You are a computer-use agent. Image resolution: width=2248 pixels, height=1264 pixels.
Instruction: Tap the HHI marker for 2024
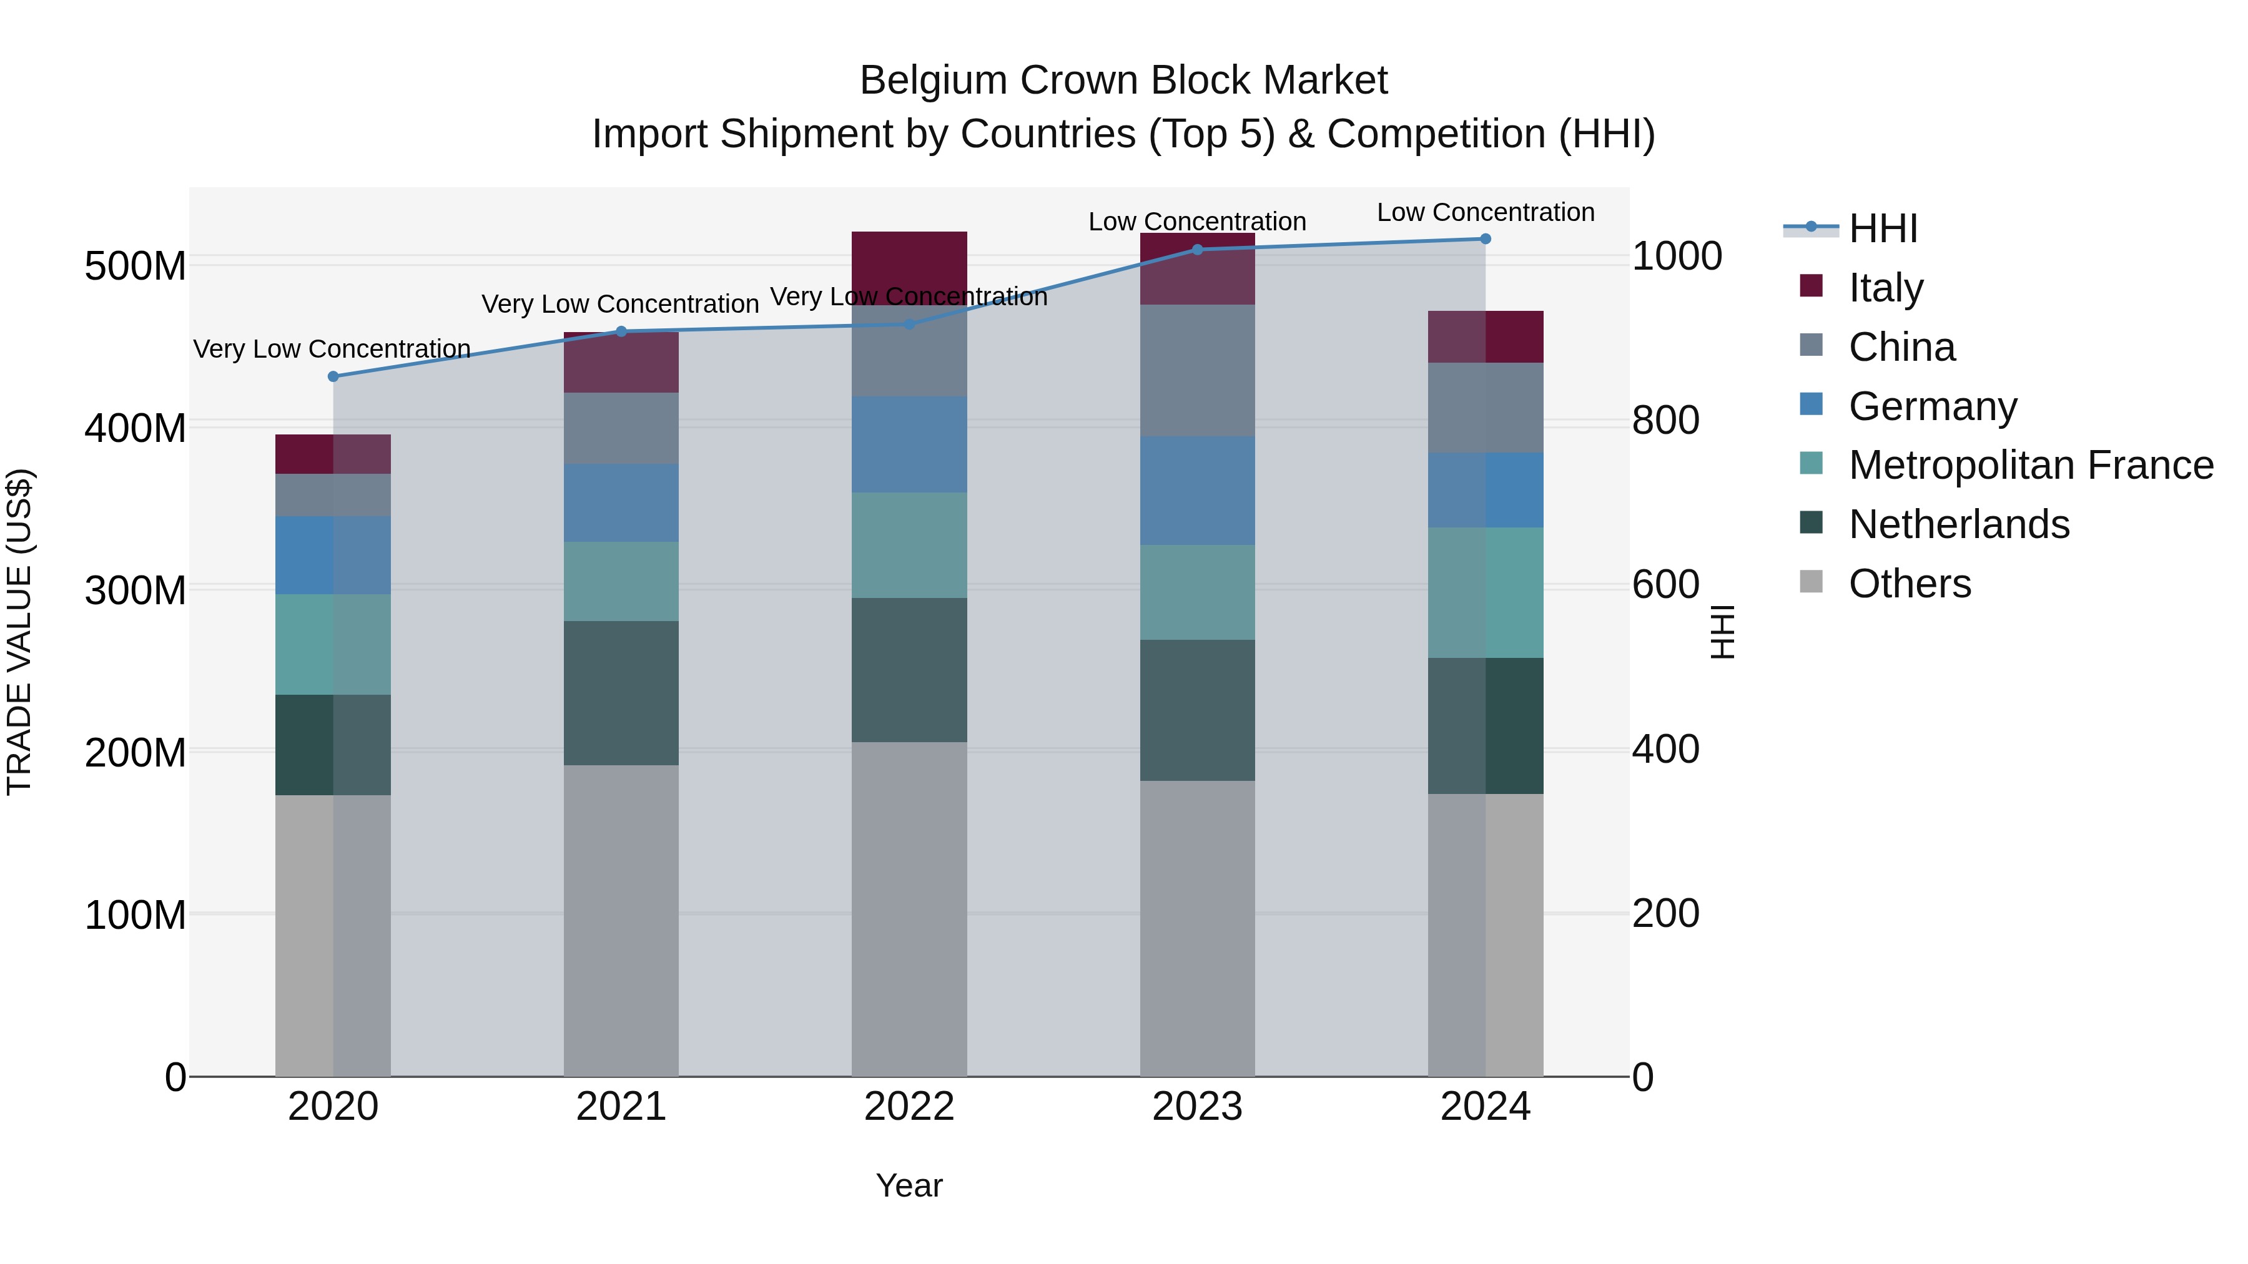click(x=1486, y=239)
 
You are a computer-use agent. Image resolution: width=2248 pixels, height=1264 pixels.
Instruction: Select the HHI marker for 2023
click(x=1197, y=250)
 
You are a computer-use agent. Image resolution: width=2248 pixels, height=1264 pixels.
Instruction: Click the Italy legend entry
click(x=1885, y=287)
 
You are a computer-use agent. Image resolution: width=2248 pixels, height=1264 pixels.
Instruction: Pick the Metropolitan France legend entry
click(x=2030, y=465)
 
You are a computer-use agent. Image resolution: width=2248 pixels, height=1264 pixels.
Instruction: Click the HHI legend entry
click(x=1881, y=228)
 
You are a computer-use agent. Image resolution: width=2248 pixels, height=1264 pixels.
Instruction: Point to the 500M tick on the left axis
click(x=136, y=265)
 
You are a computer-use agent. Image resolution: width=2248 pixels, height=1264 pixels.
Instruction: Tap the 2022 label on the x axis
click(x=909, y=1107)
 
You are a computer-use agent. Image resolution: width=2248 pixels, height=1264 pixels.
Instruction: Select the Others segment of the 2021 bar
click(x=621, y=920)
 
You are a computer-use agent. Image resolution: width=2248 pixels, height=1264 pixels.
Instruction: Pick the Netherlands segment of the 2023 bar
click(x=1197, y=710)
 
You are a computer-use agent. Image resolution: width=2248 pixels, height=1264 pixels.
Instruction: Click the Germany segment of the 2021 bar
click(x=621, y=502)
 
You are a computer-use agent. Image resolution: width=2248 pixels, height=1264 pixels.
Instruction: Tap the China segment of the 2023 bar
click(x=1197, y=371)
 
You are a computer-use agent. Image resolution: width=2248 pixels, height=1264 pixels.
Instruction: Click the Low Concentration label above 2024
click(x=1486, y=212)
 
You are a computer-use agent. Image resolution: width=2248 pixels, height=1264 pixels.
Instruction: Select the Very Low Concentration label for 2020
click(x=332, y=349)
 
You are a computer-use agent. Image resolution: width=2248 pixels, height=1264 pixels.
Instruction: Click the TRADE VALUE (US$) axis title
click(x=19, y=632)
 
